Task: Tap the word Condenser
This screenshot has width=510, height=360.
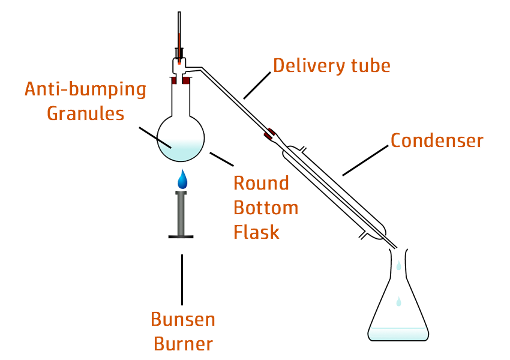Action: (437, 140)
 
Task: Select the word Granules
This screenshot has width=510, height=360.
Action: (85, 113)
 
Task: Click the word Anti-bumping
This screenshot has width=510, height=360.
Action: (85, 90)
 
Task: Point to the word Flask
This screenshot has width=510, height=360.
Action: (256, 232)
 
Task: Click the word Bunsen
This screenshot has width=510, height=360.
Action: (183, 319)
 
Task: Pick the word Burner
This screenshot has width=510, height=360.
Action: (183, 344)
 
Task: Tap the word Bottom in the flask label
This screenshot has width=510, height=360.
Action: (265, 208)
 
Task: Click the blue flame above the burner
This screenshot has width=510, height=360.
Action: (182, 179)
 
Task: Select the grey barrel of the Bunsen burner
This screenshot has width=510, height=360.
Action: (182, 213)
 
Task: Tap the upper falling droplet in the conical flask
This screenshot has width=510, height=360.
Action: (398, 265)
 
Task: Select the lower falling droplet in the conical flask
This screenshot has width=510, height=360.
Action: (398, 302)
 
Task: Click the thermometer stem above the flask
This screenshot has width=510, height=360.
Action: (179, 30)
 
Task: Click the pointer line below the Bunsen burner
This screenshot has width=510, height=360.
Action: (182, 279)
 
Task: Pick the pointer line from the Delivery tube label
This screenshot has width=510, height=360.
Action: (257, 85)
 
